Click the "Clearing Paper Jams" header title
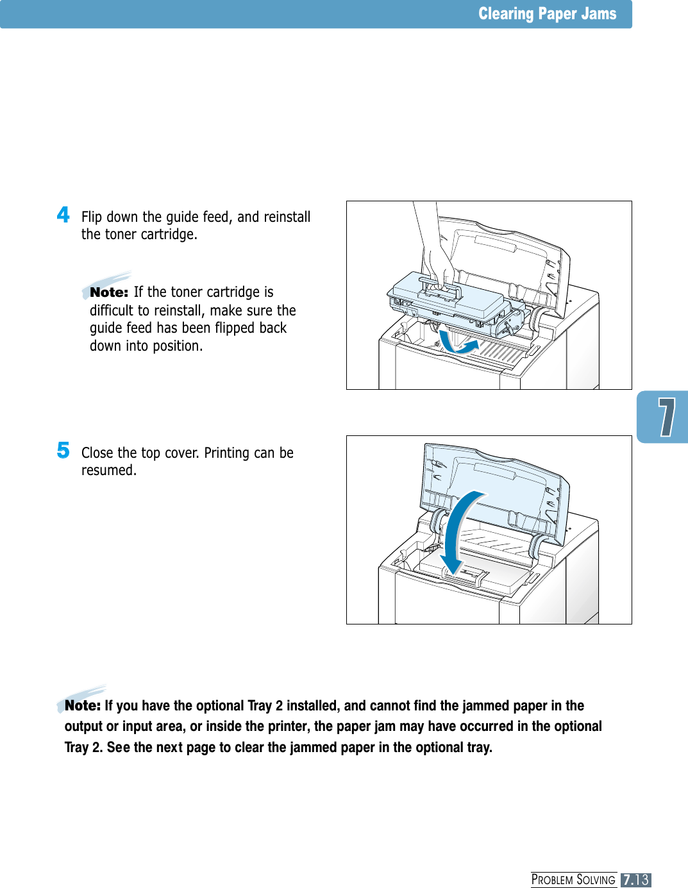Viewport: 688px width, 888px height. tap(547, 14)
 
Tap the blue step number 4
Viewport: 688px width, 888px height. tap(63, 215)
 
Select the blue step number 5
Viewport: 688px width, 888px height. tap(63, 450)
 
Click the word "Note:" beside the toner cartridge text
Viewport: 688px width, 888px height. tap(109, 292)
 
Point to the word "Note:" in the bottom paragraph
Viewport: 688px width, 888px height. tap(83, 706)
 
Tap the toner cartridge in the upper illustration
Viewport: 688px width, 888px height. tap(442, 301)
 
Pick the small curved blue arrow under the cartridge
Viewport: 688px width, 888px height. tap(458, 346)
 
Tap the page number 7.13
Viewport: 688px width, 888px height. tap(635, 880)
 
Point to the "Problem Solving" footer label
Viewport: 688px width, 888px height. tap(573, 880)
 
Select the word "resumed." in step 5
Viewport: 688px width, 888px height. tap(109, 471)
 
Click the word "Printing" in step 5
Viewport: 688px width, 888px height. tap(227, 453)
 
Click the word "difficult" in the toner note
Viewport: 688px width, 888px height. tap(112, 311)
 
